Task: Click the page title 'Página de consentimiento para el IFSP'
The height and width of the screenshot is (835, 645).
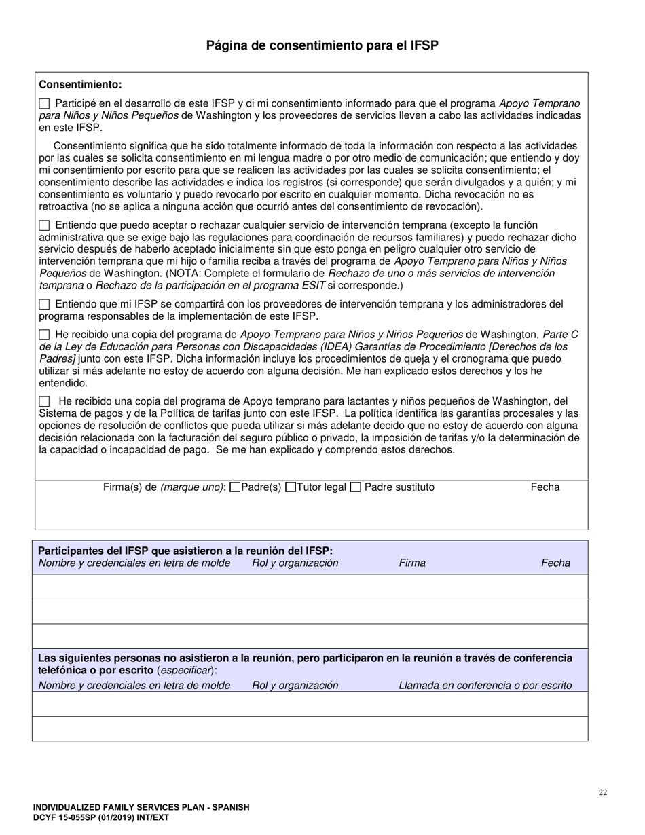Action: [x=322, y=45]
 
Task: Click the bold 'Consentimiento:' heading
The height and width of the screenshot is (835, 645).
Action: [x=80, y=85]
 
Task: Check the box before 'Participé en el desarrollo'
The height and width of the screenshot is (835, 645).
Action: [x=44, y=104]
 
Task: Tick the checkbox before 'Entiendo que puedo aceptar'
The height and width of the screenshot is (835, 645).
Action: [x=44, y=225]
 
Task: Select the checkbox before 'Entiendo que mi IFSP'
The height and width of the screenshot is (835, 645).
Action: [x=44, y=305]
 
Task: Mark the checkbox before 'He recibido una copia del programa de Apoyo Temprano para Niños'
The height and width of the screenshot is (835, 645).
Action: [x=44, y=335]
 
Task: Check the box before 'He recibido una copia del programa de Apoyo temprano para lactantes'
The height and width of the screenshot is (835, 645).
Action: [x=44, y=402]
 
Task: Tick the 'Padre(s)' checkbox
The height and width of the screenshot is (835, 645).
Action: [x=236, y=487]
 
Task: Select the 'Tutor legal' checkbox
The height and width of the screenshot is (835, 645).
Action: [x=291, y=487]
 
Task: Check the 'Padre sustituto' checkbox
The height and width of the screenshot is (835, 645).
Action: [x=355, y=487]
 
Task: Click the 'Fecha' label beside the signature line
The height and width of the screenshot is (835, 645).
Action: [x=545, y=487]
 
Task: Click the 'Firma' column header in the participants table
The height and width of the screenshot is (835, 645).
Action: [x=412, y=563]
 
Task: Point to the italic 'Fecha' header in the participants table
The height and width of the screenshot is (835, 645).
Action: [x=555, y=563]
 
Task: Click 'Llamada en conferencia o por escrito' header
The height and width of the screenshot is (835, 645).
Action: [x=485, y=686]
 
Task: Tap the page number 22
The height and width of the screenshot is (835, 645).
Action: [x=603, y=792]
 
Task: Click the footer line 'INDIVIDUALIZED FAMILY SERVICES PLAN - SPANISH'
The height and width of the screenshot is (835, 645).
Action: [x=141, y=808]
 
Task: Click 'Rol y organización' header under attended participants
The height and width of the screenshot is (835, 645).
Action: [x=295, y=563]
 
